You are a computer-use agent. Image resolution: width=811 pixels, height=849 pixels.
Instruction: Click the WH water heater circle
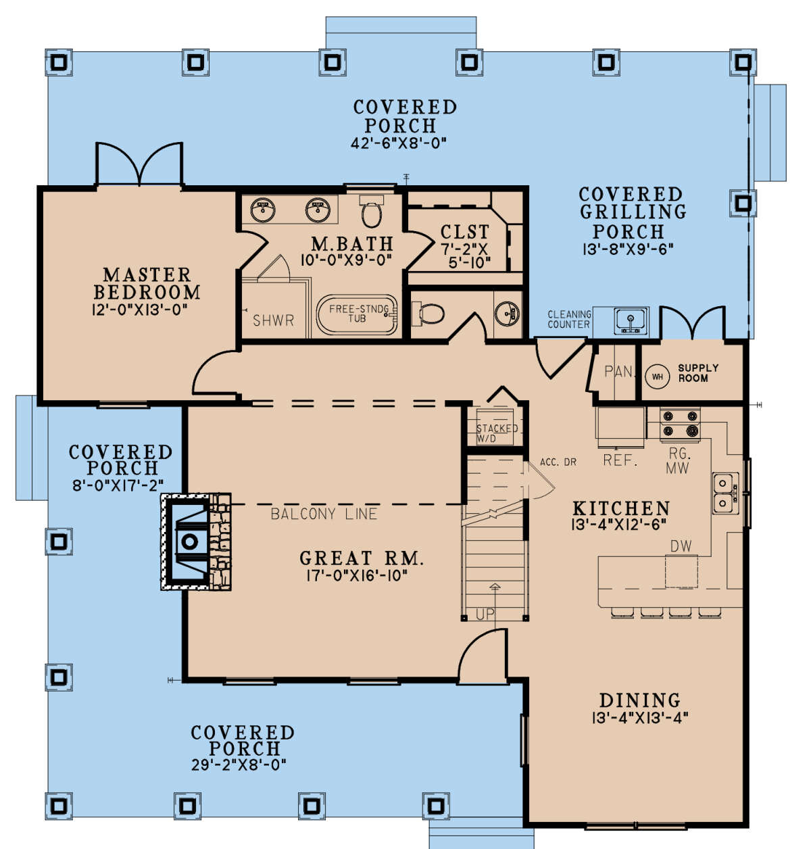pyautogui.click(x=657, y=376)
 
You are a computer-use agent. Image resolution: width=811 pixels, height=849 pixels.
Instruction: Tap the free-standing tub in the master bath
pyautogui.click(x=357, y=315)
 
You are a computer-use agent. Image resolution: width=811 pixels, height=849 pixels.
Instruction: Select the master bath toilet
pyautogui.click(x=372, y=211)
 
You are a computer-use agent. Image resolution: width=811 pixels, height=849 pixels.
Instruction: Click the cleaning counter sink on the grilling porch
pyautogui.click(x=631, y=321)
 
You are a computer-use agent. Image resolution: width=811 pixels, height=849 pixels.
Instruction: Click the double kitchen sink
pyautogui.click(x=726, y=493)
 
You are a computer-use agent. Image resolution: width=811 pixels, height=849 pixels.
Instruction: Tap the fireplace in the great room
pyautogui.click(x=196, y=541)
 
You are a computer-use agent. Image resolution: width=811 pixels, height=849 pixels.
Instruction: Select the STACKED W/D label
pyautogui.click(x=497, y=433)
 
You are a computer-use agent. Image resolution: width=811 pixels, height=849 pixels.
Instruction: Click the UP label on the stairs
pyautogui.click(x=485, y=614)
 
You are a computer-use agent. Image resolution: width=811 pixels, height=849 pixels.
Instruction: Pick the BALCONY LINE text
pyautogui.click(x=324, y=514)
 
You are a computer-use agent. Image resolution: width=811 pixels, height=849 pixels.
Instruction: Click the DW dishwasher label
pyautogui.click(x=681, y=545)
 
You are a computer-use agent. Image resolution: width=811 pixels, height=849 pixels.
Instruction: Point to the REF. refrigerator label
pyautogui.click(x=620, y=460)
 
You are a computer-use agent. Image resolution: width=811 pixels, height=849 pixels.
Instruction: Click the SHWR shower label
pyautogui.click(x=274, y=320)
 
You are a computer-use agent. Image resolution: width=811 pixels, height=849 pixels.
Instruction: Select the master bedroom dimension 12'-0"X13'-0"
pyautogui.click(x=140, y=310)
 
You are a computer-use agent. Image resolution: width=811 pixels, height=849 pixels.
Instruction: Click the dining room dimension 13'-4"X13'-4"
pyautogui.click(x=640, y=718)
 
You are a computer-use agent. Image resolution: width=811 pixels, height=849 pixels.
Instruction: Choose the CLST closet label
pyautogui.click(x=464, y=232)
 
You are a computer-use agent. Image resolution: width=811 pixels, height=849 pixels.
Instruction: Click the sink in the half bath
pyautogui.click(x=508, y=313)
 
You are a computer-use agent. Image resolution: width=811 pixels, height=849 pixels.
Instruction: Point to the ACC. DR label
pyautogui.click(x=558, y=462)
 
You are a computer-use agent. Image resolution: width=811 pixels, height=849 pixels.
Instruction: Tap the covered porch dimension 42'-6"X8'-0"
pyautogui.click(x=399, y=143)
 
